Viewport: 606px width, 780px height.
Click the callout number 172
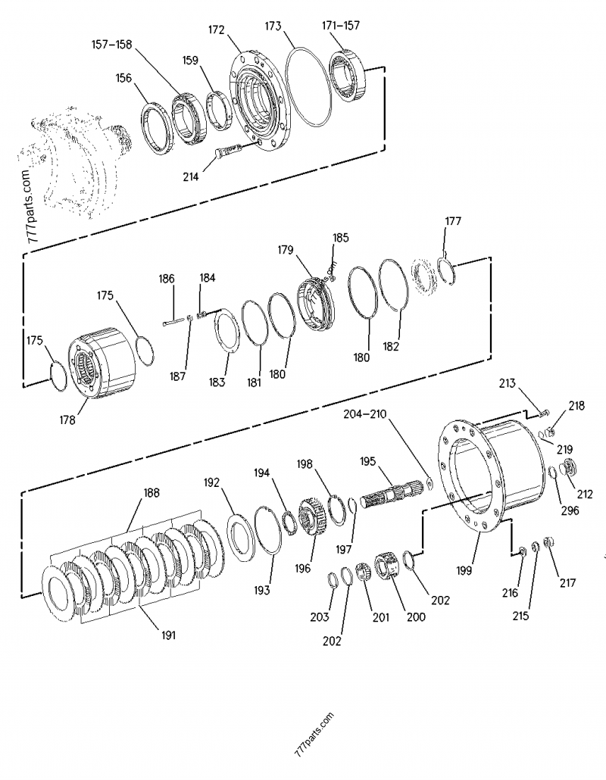[217, 30]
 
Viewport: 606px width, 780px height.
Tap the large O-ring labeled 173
[288, 85]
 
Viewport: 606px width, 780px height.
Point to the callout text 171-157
[341, 25]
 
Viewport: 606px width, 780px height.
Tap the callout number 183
[217, 382]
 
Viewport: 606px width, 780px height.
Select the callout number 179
[286, 250]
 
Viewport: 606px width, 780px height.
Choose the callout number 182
[391, 346]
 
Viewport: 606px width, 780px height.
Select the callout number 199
[464, 570]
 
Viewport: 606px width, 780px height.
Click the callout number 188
[151, 492]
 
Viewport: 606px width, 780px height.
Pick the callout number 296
[570, 510]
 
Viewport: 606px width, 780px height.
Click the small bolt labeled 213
[544, 413]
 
